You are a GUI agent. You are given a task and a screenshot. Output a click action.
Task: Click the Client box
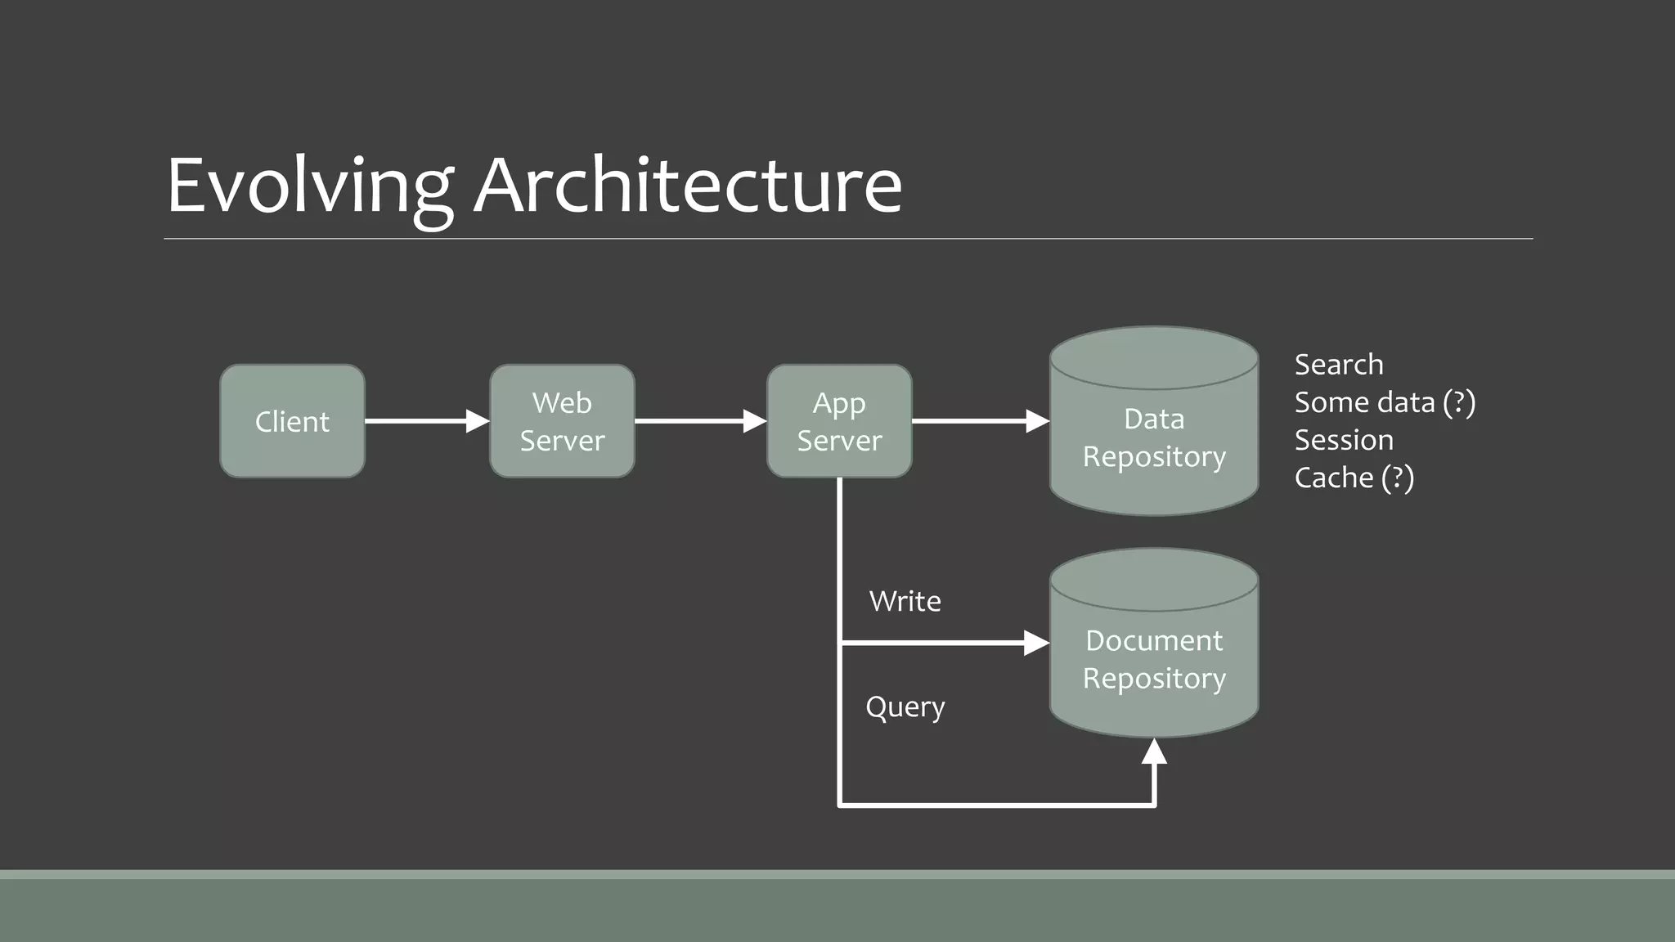[292, 421]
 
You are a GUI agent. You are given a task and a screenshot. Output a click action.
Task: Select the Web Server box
[562, 421]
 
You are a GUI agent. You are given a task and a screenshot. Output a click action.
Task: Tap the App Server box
[839, 421]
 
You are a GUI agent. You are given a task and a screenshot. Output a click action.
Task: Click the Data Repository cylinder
[1154, 437]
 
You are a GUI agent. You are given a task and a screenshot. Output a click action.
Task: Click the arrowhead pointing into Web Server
[478, 421]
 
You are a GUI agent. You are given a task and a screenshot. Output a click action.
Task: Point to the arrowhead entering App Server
[755, 421]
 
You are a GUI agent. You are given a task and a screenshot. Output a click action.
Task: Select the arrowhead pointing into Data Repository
[1037, 421]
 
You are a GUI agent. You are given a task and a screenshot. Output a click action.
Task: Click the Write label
[905, 601]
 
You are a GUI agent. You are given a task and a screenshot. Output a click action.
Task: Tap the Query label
[905, 706]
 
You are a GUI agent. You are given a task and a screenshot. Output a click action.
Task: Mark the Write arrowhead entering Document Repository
[1036, 644]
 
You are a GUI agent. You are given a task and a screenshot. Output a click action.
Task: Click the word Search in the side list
[1339, 364]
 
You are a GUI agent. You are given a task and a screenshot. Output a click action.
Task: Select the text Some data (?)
[1385, 402]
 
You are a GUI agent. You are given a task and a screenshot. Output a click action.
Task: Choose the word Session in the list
[1344, 440]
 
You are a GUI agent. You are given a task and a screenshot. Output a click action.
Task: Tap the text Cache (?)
[1354, 478]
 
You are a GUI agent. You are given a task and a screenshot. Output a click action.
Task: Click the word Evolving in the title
[309, 186]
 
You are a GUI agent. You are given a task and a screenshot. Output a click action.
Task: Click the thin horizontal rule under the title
[847, 239]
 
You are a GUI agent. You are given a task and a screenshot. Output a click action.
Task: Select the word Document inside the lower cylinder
[1154, 640]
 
